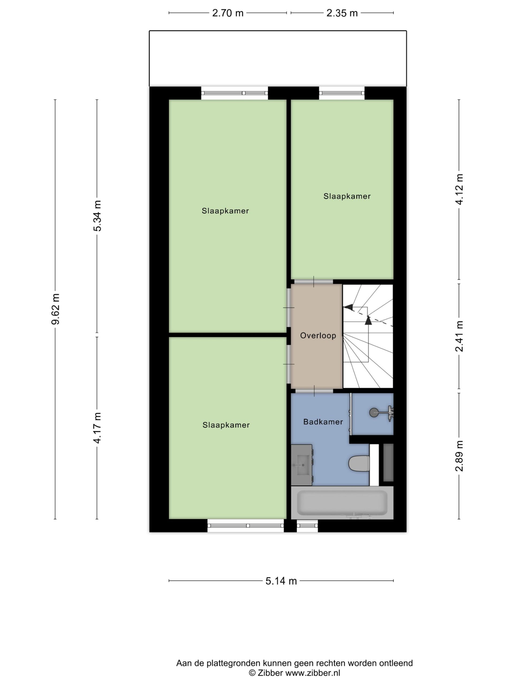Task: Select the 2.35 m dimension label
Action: coord(342,13)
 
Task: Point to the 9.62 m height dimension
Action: coord(55,309)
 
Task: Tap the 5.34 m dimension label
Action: coord(97,216)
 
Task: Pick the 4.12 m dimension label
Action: coord(459,189)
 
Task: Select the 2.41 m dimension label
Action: coord(459,336)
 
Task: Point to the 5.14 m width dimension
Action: coord(281,581)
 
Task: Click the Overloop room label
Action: coord(318,335)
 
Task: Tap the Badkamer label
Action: coord(323,422)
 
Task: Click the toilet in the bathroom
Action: coord(359,464)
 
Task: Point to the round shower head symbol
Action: coord(374,413)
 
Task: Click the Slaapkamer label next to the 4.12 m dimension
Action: coord(347,196)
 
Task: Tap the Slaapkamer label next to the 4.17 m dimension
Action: coord(226,425)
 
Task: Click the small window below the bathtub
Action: coord(307,526)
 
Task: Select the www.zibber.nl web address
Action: coord(313,673)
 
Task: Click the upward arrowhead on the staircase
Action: coord(368,320)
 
